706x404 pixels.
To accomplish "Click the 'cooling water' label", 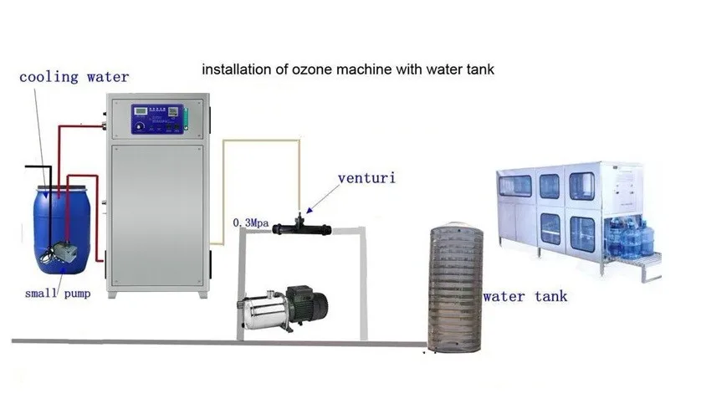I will point(74,77).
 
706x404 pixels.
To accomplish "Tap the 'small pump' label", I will point(57,294).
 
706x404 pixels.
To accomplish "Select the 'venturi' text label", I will point(367,178).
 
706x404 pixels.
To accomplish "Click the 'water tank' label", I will point(524,296).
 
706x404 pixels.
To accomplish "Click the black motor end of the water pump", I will point(305,301).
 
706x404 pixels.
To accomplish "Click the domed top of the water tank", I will point(453,228).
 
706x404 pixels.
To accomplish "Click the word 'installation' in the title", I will point(236,69).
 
